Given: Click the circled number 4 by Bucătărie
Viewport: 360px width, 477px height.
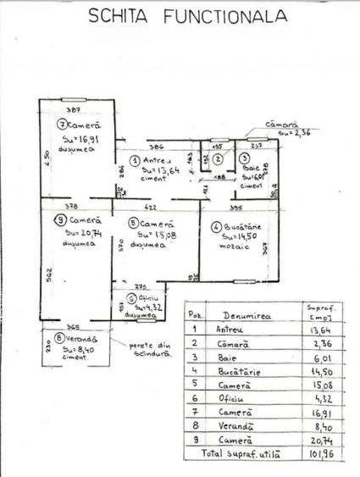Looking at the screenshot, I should tap(216, 226).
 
